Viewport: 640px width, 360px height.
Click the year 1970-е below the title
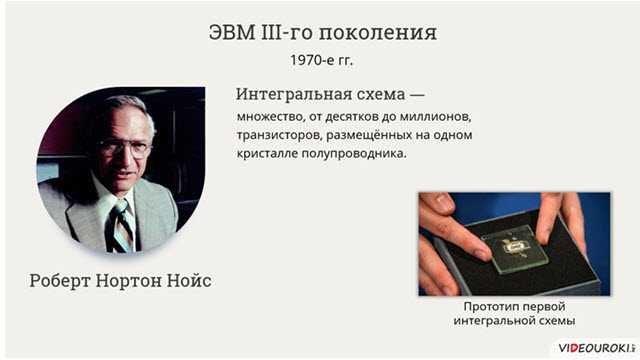(309, 60)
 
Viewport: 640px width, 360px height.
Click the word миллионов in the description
(435, 116)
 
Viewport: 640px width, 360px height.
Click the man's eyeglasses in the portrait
(125, 146)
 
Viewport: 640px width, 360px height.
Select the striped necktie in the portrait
(122, 225)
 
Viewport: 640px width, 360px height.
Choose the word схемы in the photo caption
(555, 321)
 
